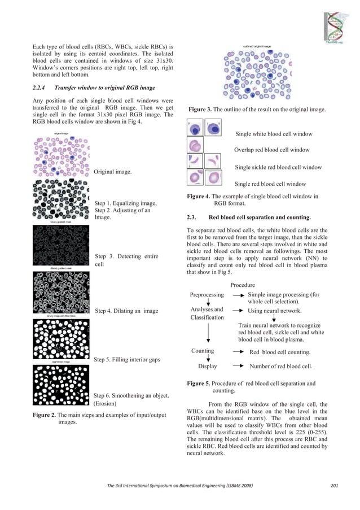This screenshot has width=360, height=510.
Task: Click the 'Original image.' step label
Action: [113, 171]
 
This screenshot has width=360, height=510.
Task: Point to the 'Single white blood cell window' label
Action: [274, 134]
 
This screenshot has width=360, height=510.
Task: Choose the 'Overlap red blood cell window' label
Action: [271, 150]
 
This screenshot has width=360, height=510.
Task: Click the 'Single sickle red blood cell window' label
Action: [278, 167]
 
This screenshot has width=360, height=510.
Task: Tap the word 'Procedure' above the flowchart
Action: [243, 285]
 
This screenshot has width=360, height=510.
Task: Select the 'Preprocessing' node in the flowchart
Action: [207, 294]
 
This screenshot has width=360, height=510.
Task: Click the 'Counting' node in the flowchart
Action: [203, 351]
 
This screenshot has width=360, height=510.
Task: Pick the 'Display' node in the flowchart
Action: [208, 366]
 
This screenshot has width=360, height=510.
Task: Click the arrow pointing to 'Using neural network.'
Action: [238, 311]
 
